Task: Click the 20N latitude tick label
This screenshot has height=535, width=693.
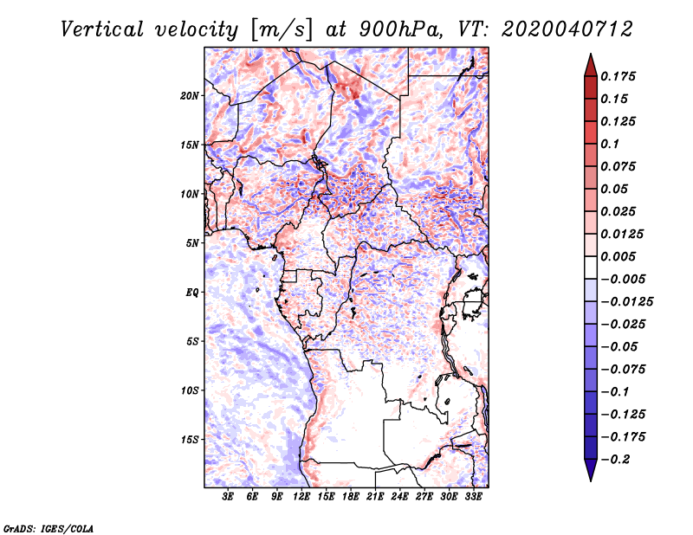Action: coord(190,96)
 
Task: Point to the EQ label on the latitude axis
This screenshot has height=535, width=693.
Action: coord(191,293)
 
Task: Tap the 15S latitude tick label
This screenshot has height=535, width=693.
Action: coord(190,440)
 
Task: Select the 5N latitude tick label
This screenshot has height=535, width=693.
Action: coord(192,243)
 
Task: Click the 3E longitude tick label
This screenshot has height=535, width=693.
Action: coord(228,496)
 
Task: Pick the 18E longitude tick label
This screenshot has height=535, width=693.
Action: coord(351,496)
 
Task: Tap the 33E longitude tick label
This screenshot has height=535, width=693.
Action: coord(473,496)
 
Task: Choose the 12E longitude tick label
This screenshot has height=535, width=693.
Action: coord(301,496)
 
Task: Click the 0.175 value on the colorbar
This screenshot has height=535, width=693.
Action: coord(618,76)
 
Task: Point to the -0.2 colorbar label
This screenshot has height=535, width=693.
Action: coord(615,460)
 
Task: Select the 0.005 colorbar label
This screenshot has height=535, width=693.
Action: coord(618,256)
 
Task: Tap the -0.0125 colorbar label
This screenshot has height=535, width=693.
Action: coord(626,302)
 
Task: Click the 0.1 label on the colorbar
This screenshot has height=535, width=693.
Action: coord(610,144)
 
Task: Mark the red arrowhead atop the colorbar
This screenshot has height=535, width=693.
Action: coord(591,65)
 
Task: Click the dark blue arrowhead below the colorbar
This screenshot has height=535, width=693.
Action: coord(591,470)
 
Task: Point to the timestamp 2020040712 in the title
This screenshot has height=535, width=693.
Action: coord(567,29)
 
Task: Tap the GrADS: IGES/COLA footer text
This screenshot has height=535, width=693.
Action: coord(49,529)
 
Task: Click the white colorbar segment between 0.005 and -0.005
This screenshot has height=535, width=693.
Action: coord(591,267)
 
